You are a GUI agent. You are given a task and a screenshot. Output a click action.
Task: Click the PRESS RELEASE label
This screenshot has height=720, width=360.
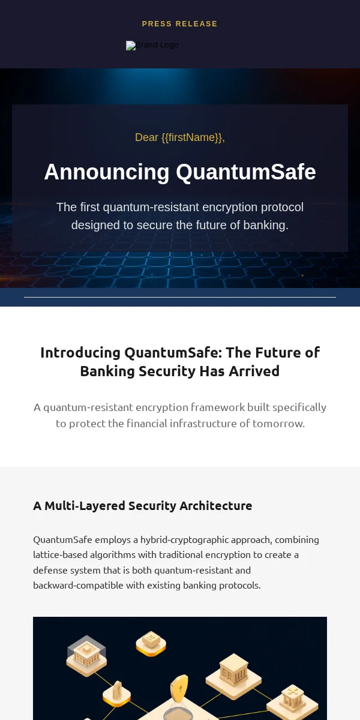pyautogui.click(x=179, y=24)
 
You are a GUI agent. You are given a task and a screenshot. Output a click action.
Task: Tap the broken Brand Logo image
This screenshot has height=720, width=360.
pyautogui.click(x=152, y=46)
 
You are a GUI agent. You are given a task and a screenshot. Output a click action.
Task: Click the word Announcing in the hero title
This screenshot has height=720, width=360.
pyautogui.click(x=107, y=172)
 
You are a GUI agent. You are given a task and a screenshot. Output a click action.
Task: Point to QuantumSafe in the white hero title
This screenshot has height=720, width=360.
pyautogui.click(x=246, y=172)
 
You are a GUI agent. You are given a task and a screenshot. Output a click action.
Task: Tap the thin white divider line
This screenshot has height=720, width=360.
pyautogui.click(x=180, y=298)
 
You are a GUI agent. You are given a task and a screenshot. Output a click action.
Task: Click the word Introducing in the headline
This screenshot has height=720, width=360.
pyautogui.click(x=80, y=353)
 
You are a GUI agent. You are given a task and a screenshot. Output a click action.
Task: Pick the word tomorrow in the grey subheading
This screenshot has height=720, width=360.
pyautogui.click(x=278, y=424)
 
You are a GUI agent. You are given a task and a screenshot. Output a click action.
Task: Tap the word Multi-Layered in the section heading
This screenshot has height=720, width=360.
pyautogui.click(x=85, y=506)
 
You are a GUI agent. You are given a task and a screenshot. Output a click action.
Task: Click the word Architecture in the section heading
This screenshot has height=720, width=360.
pyautogui.click(x=215, y=506)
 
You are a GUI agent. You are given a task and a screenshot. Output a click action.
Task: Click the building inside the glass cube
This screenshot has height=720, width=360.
pyautogui.click(x=86, y=653)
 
